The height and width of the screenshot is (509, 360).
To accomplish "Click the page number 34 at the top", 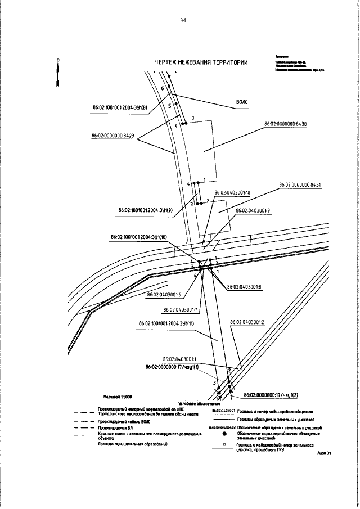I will [x=183, y=21].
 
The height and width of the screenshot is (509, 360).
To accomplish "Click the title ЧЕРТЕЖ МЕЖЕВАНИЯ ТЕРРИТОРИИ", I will [x=200, y=62].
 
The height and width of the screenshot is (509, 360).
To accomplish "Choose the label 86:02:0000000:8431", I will [x=299, y=184].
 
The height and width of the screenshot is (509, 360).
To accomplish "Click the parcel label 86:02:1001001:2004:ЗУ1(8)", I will [x=119, y=106].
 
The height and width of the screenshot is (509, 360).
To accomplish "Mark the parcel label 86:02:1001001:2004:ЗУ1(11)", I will [x=166, y=324].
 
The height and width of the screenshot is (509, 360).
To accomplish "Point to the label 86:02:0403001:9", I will [x=253, y=210].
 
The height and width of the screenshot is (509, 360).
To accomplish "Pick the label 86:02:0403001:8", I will [x=244, y=286].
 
